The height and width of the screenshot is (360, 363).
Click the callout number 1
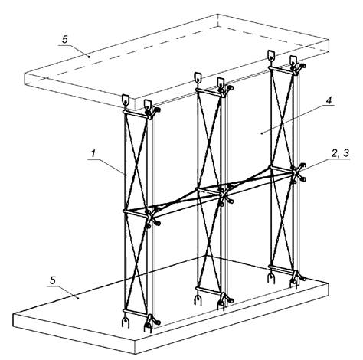click(93, 154)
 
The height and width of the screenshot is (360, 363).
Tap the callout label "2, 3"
click(340, 153)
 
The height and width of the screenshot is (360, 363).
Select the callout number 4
click(329, 100)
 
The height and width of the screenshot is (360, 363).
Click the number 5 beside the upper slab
click(65, 40)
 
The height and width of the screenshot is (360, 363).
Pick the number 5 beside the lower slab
click(53, 280)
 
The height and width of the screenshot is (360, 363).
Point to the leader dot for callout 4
click(262, 133)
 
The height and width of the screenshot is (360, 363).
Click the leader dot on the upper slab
click(89, 57)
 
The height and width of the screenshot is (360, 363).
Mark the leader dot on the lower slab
click(78, 298)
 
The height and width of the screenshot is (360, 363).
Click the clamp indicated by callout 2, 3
click(298, 173)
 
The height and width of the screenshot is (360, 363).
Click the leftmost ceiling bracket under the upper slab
click(126, 100)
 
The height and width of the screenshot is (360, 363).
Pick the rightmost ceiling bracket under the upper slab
click(293, 61)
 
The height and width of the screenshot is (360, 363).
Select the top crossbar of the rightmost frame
click(282, 70)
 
